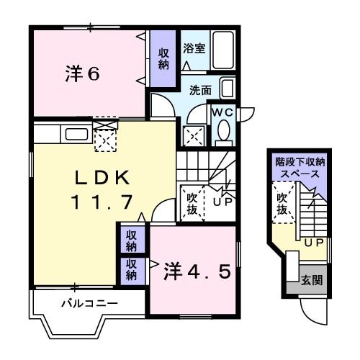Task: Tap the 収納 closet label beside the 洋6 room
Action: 163,58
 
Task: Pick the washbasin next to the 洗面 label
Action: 227,89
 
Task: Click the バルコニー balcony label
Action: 89,303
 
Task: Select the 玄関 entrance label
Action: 311,280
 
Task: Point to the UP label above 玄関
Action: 314,242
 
